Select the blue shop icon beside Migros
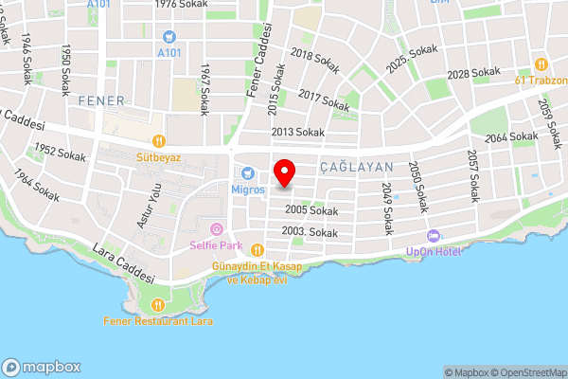pos(248,173)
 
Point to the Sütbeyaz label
pos(157,157)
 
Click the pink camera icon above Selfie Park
pos(216,229)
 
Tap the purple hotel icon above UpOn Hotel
pos(433,235)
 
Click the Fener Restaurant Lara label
pos(158,320)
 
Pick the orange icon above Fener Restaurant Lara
pos(158,304)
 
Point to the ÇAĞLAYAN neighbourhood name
pos(356,166)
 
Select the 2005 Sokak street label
pos(306,209)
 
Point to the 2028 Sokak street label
pos(473,73)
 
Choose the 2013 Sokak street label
pos(298,132)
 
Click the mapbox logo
pos(42,368)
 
